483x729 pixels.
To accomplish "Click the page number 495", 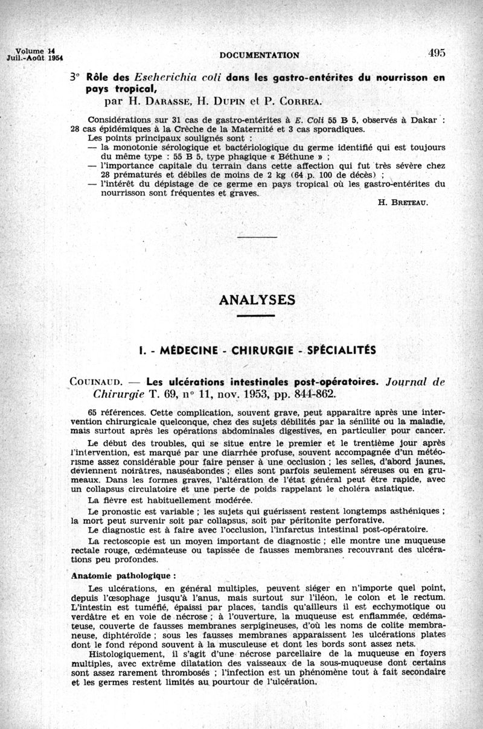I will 437,53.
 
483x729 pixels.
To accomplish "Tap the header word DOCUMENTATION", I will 260,56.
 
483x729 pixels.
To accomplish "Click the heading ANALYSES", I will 256,300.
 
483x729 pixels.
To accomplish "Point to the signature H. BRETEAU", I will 403,203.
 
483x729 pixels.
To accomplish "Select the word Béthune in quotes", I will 272,155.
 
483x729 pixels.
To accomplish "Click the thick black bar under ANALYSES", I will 256,315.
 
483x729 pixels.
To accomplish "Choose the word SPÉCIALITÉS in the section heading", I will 342,350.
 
